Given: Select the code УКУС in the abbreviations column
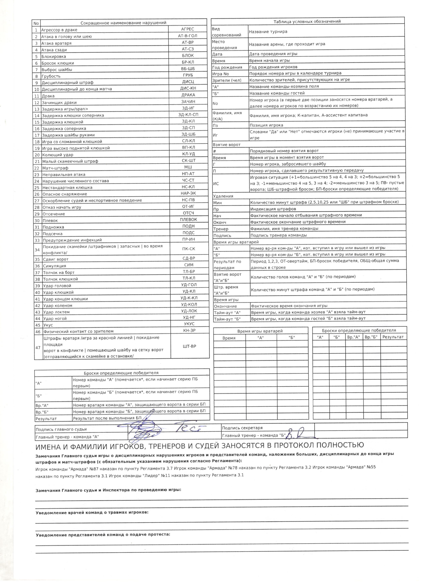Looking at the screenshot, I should click(189, 324).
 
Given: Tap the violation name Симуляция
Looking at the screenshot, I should click(55, 266).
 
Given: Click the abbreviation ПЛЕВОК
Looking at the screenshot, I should click(188, 220).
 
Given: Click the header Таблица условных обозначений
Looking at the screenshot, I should click(307, 21).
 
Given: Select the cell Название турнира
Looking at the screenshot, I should click(268, 32).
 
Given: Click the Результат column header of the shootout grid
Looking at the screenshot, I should click(393, 337).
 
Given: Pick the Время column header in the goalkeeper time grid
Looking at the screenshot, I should click(229, 338).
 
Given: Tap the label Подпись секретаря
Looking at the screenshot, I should click(242, 428).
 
